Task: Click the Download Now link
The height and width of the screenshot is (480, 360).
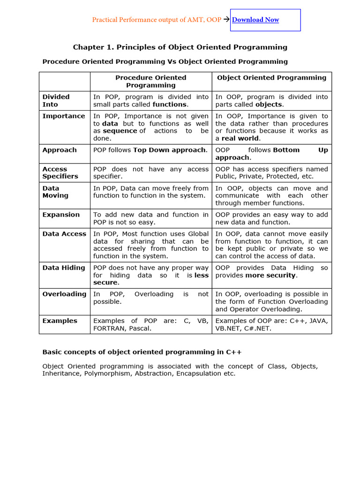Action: click(x=255, y=20)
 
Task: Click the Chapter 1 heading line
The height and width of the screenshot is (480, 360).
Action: click(x=180, y=47)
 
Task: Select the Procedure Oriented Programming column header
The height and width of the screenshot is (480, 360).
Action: click(x=151, y=81)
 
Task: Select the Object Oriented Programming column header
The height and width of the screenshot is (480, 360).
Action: click(x=271, y=78)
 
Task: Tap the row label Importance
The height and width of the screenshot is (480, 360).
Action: click(x=64, y=116)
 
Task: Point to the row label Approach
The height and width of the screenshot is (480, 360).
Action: click(x=60, y=150)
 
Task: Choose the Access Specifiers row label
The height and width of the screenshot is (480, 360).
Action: click(x=60, y=172)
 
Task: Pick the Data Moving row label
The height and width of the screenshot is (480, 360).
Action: click(x=55, y=192)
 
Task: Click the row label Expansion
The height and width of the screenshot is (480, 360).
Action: click(x=61, y=215)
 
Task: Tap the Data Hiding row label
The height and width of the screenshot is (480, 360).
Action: click(x=64, y=268)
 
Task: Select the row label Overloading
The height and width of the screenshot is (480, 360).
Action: click(x=64, y=294)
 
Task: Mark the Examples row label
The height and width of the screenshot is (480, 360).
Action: click(x=60, y=321)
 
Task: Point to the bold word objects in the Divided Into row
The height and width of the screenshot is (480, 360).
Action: click(x=269, y=105)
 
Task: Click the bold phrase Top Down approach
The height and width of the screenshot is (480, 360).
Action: click(x=170, y=150)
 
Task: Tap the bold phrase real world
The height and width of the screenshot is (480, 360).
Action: click(x=240, y=138)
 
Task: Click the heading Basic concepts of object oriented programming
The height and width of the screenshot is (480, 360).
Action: click(x=142, y=352)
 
